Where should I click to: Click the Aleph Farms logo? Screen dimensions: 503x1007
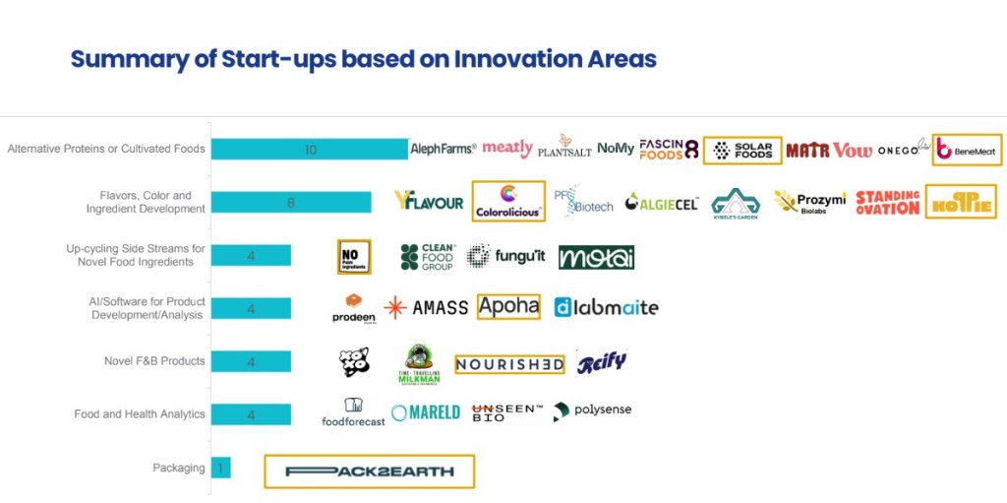tap(443, 149)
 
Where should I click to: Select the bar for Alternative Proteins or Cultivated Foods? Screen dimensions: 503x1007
tap(310, 149)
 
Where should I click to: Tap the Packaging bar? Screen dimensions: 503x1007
tap(220, 469)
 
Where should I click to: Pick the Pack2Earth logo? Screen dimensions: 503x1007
tap(370, 472)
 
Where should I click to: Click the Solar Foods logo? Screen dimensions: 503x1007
tap(742, 150)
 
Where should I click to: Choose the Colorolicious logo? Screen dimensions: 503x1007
tap(508, 201)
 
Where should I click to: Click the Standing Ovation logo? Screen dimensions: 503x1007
tap(887, 202)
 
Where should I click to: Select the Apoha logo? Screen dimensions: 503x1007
tap(508, 306)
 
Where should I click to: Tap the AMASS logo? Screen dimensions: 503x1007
tap(427, 307)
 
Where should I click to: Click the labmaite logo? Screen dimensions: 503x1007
tap(606, 307)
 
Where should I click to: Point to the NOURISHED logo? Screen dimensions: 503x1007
tap(509, 364)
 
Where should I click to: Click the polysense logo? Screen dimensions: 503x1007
tap(592, 410)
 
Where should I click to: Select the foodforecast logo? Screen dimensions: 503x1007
tap(354, 412)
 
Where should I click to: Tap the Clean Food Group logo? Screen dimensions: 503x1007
tap(428, 257)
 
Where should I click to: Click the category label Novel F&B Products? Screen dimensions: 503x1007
tap(154, 361)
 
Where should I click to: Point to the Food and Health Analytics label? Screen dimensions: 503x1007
tap(140, 414)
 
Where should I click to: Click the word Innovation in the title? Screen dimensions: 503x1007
tap(515, 59)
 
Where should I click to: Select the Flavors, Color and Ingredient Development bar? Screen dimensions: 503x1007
tap(291, 202)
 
